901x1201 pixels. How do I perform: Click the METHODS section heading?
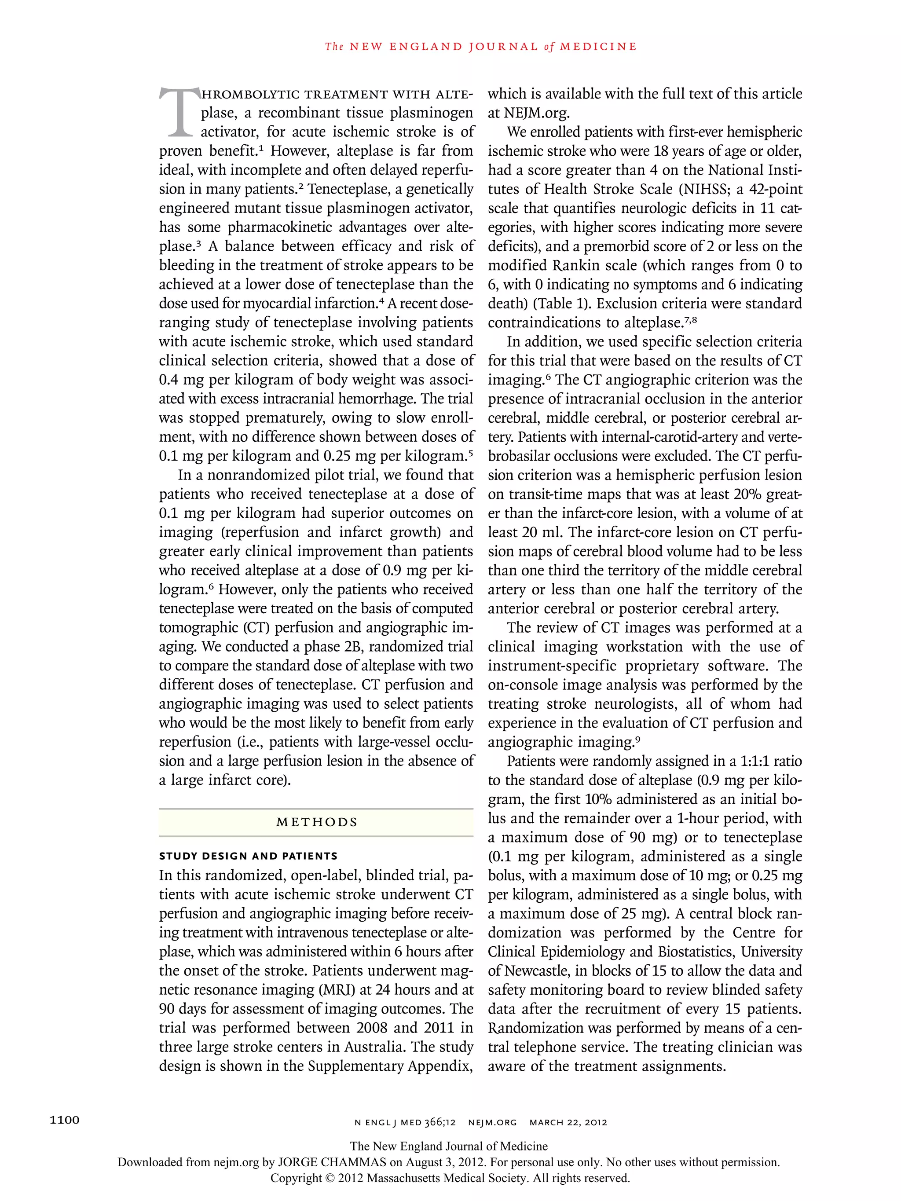(x=317, y=822)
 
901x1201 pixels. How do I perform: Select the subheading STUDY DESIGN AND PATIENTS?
(x=248, y=856)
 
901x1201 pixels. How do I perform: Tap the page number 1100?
(x=65, y=1120)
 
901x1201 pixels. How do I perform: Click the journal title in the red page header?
(x=481, y=47)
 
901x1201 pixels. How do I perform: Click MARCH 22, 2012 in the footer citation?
(x=568, y=1122)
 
